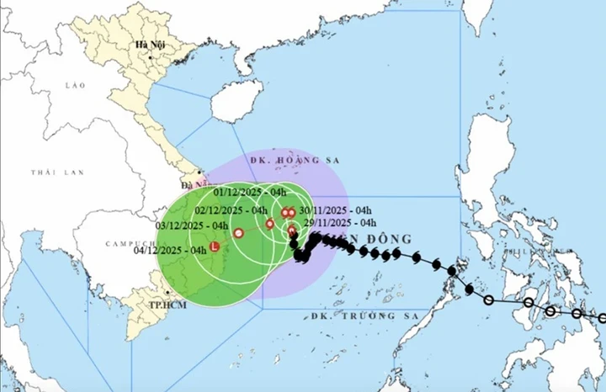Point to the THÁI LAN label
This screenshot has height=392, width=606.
50,172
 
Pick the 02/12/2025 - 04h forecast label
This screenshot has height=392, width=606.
231,210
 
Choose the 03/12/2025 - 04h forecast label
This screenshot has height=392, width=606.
193,226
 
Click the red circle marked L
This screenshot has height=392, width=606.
215,247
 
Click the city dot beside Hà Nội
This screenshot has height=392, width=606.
151,56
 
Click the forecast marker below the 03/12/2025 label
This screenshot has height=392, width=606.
238,233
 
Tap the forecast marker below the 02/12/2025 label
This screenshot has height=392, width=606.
269,224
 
